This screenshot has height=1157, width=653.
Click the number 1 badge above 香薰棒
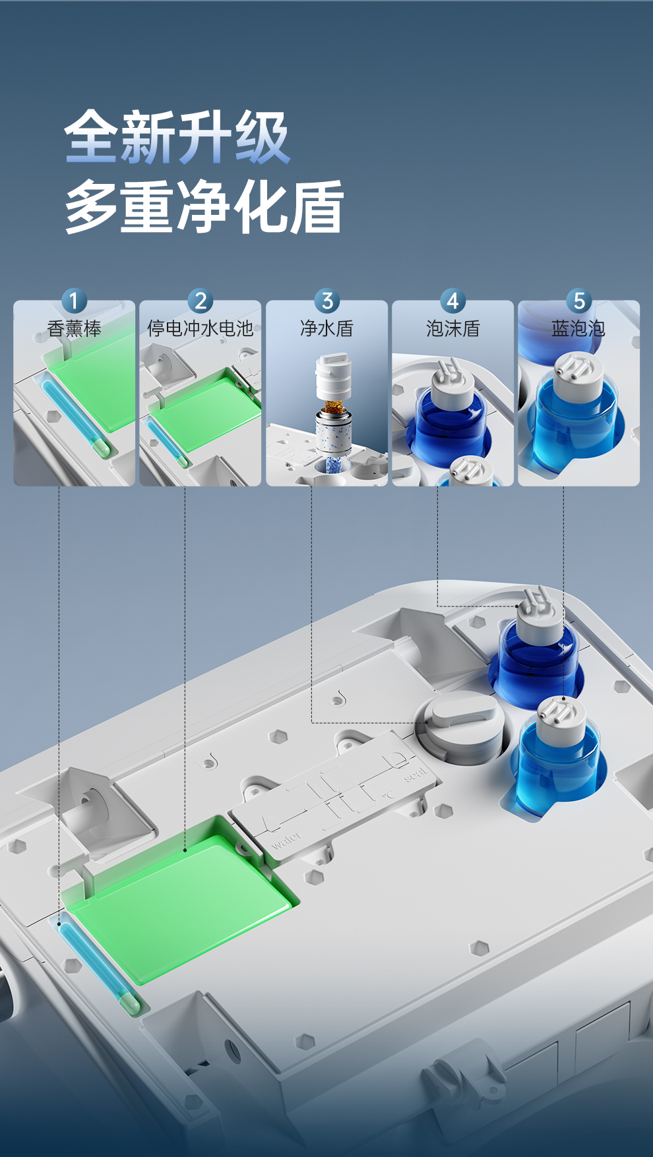point(74,301)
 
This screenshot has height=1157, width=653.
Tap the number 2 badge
point(201,301)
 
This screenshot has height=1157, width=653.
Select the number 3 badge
point(326,301)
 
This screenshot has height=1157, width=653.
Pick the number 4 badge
point(452,301)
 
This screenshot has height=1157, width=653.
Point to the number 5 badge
point(578,301)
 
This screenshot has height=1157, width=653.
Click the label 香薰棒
point(75,328)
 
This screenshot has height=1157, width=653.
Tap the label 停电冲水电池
point(201,328)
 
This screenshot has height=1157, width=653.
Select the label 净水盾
point(326,328)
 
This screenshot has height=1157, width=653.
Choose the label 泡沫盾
point(452,328)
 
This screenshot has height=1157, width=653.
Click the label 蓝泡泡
point(578,328)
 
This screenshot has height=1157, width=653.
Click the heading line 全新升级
point(177,137)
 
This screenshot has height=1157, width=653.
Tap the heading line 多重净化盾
point(204,207)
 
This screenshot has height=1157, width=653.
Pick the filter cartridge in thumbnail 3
point(332,412)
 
